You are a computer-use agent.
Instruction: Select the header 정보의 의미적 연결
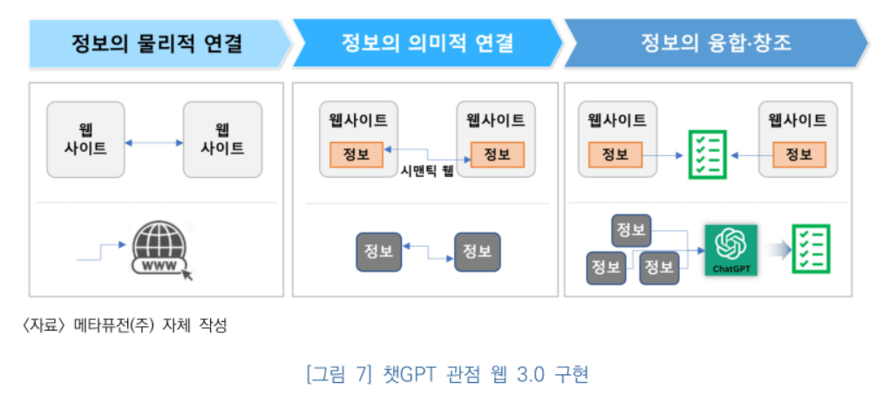[427, 43]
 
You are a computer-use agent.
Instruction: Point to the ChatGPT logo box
[731, 249]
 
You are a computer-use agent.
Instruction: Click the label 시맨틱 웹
[427, 172]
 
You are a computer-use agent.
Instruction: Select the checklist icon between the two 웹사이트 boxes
[707, 154]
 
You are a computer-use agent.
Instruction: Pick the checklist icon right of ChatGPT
[810, 249]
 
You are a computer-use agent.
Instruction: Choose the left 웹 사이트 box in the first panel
[85, 140]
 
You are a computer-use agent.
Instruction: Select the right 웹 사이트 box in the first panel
[222, 140]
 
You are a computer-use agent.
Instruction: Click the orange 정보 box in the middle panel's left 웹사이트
[357, 154]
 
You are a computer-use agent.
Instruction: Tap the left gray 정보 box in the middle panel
[378, 251]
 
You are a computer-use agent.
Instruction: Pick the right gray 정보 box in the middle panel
[477, 251]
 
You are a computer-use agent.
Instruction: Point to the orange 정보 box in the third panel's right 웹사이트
[798, 154]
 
